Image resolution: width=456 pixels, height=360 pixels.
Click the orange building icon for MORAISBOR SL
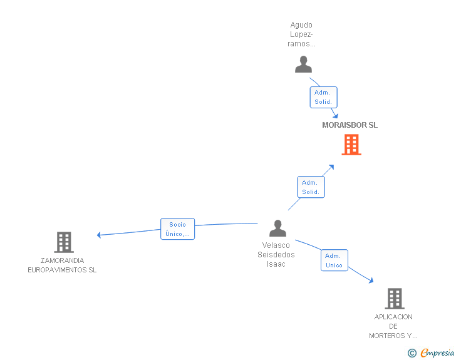coord(351,145)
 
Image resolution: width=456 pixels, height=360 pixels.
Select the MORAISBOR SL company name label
coord(350,125)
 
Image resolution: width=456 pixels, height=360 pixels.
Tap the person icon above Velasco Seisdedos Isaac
coord(277,228)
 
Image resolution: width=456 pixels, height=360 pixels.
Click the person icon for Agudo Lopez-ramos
coord(303,64)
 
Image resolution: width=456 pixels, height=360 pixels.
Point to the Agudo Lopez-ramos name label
coord(301,34)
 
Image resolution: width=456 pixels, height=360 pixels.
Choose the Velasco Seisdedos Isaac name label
coord(276,255)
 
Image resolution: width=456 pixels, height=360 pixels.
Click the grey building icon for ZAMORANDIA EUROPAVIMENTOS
coord(64,242)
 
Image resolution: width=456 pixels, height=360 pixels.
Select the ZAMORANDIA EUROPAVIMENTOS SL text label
coord(62,265)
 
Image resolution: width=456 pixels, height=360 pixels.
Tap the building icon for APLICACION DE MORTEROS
coord(395,299)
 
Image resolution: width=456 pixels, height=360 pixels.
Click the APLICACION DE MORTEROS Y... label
coord(393,326)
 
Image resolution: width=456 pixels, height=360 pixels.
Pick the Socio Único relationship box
coord(177,229)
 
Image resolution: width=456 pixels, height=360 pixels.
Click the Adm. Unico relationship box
coord(334,260)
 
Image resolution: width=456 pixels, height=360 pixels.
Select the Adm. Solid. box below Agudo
coord(323,97)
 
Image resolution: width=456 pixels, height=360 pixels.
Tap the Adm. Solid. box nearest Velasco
coord(311,187)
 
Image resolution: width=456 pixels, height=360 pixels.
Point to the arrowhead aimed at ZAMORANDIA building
coord(99,235)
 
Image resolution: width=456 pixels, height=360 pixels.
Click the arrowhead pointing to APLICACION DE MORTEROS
coord(371,280)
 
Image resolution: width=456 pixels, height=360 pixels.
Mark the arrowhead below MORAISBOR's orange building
coord(331,167)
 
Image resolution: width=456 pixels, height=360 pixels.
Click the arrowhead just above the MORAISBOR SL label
coord(335,116)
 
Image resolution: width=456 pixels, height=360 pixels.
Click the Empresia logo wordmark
coord(437,352)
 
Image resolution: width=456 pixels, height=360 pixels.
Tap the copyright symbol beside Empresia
coord(412,353)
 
